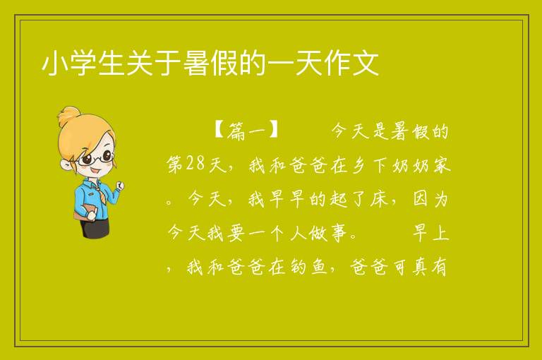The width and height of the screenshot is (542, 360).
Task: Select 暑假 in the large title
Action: click(x=211, y=64)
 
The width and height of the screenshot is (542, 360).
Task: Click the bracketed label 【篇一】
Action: click(x=246, y=131)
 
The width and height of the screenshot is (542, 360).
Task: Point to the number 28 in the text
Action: click(x=195, y=164)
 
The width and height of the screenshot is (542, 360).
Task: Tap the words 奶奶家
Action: click(x=421, y=165)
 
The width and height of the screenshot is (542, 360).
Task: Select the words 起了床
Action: click(x=359, y=199)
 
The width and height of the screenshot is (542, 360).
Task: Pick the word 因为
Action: click(x=430, y=199)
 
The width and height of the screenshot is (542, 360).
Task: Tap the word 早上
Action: click(x=430, y=232)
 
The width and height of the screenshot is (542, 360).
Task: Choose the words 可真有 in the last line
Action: click(x=420, y=266)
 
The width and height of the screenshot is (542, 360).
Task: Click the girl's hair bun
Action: click(x=69, y=116)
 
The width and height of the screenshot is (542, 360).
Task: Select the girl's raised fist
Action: click(x=120, y=186)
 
